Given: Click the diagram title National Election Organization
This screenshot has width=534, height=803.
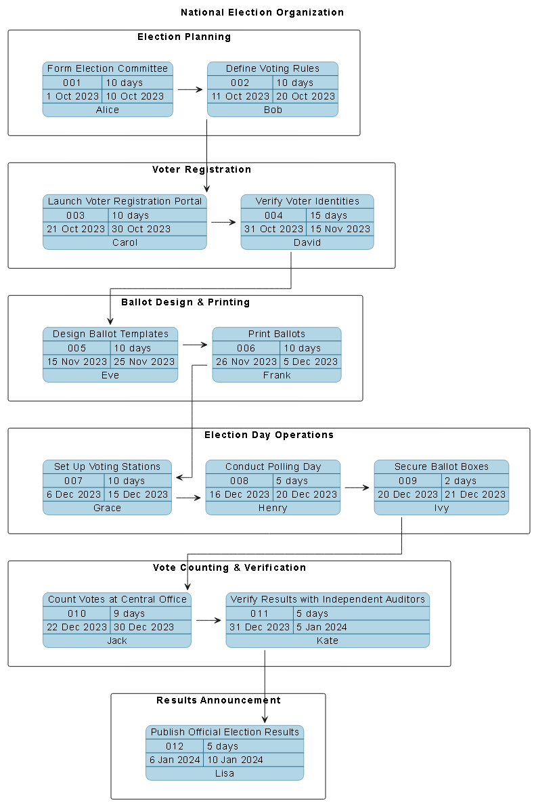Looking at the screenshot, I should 262,12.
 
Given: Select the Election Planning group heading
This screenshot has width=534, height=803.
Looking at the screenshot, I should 184,37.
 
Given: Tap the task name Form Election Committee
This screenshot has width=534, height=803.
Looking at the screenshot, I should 108,68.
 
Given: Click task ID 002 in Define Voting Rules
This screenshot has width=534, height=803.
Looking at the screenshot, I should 240,83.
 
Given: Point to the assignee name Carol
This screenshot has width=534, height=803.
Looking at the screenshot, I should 125,242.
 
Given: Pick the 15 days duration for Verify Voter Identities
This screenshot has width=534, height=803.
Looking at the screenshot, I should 328,215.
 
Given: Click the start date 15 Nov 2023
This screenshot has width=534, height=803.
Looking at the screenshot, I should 77,362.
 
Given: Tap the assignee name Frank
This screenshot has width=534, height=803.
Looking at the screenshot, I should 277,375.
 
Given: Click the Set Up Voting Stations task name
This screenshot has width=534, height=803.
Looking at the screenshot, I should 107,466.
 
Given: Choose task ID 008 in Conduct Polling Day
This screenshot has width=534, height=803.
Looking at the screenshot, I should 239,481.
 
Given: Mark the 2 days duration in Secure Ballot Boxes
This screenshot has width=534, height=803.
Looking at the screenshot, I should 461,481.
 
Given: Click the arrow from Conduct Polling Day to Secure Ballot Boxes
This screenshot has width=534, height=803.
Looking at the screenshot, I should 357,487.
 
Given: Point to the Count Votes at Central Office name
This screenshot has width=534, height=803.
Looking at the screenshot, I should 117,599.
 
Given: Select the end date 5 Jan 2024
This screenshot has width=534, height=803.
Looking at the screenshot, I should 321,627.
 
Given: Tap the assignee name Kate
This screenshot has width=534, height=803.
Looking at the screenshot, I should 328,641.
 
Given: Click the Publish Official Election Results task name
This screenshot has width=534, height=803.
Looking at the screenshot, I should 225,732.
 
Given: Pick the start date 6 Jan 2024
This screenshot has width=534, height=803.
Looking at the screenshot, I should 175,760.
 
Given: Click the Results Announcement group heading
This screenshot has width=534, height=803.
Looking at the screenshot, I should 218,700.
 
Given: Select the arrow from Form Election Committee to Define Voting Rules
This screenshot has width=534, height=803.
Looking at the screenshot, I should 190,89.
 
